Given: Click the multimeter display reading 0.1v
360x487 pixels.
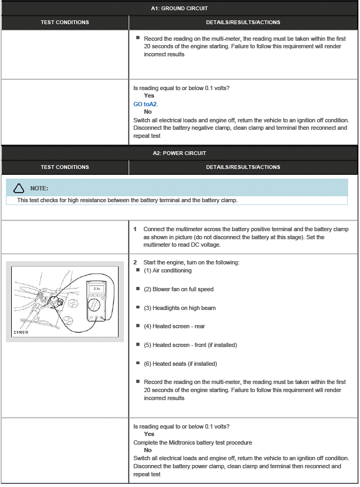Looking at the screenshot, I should pyautogui.click(x=97, y=289).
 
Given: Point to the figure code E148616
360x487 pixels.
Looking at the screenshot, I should pyautogui.click(x=22, y=333).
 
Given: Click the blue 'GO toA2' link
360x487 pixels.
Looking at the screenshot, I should pyautogui.click(x=145, y=104).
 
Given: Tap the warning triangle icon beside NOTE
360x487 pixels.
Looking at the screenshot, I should pyautogui.click(x=19, y=188).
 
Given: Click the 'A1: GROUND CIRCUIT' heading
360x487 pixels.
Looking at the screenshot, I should pyautogui.click(x=179, y=8).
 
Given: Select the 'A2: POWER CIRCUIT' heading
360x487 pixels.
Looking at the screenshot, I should pyautogui.click(x=179, y=153).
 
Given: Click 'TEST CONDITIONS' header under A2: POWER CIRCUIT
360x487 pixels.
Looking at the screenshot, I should pyautogui.click(x=64, y=167).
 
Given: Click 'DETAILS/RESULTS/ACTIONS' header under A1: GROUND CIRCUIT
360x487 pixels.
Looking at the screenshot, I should pyautogui.click(x=243, y=23).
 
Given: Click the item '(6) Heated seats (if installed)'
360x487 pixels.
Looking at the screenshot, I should pyautogui.click(x=180, y=364).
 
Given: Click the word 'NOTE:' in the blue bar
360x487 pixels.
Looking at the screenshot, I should pyautogui.click(x=39, y=188).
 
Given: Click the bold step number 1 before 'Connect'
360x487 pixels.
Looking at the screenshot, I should pyautogui.click(x=135, y=229).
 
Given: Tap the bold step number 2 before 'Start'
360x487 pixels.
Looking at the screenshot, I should pyautogui.click(x=135, y=262).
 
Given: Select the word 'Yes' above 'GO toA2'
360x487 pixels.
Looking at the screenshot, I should pyautogui.click(x=149, y=95).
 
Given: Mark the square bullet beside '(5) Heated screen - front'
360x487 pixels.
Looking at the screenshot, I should pyautogui.click(x=138, y=344).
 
